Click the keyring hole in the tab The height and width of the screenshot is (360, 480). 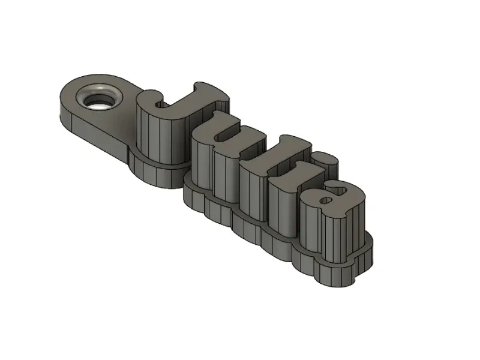(x=99, y=98)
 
